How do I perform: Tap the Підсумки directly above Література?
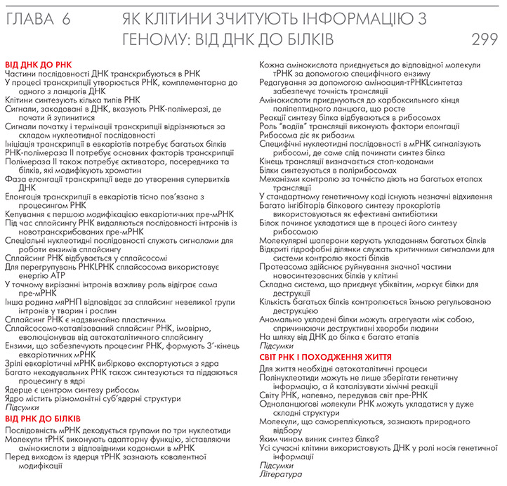(x=277, y=465)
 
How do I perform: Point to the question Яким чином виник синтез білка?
(x=320, y=439)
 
